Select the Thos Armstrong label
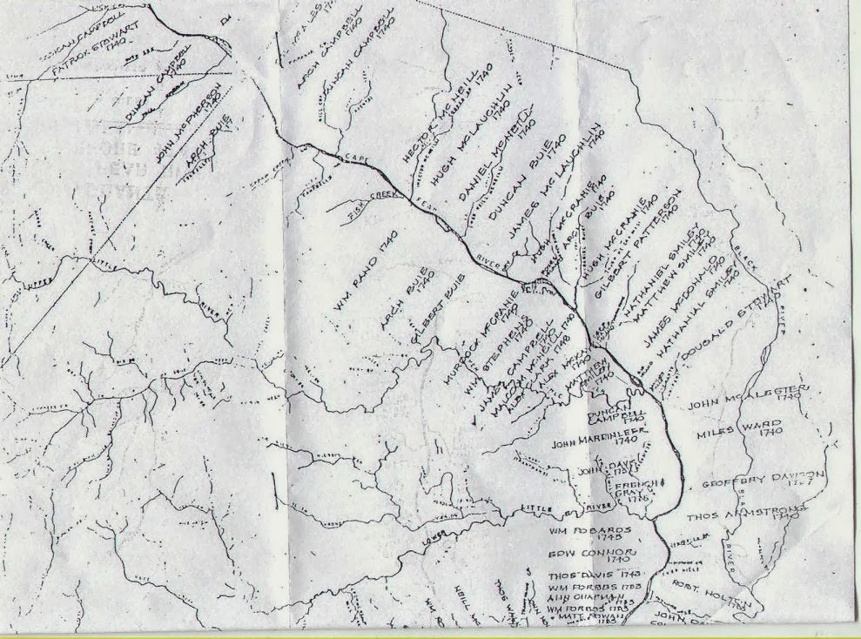click(743, 515)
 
